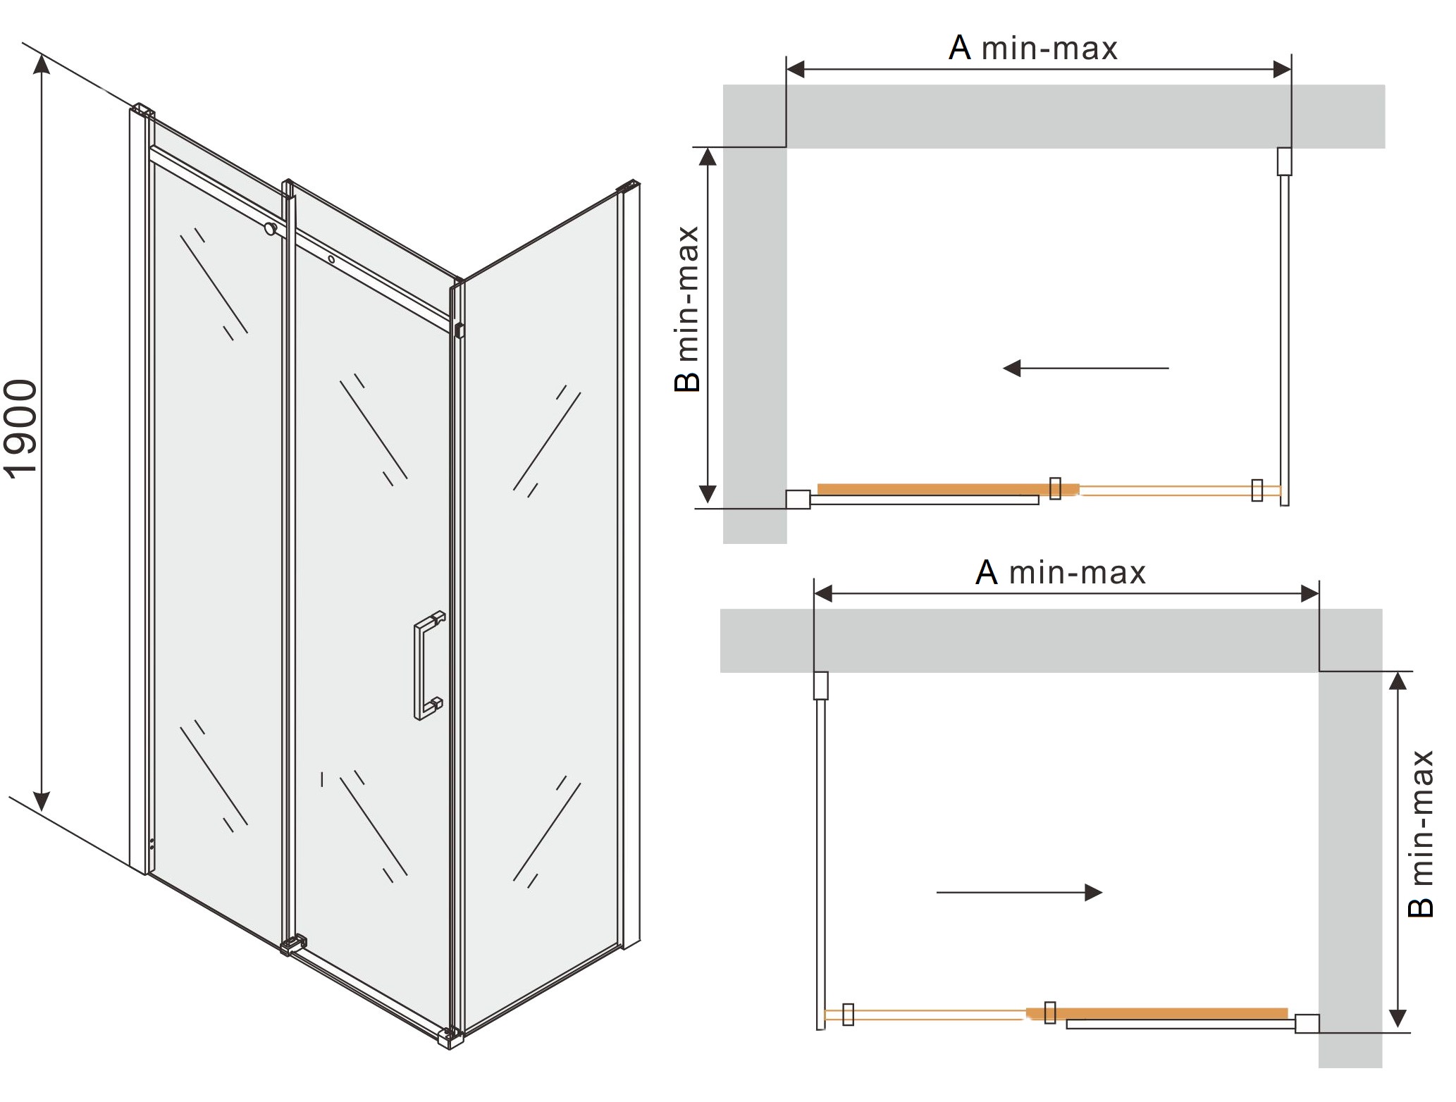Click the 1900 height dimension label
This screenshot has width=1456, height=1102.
[21, 429]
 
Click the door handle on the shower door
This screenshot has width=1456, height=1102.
[429, 664]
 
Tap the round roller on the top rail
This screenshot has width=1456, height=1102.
[270, 228]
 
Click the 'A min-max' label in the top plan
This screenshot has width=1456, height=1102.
[1033, 48]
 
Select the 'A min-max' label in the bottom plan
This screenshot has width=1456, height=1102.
[1061, 572]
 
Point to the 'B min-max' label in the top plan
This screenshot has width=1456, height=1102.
[687, 309]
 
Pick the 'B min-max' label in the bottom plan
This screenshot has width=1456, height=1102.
[1420, 834]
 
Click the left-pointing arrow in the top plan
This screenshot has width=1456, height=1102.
[1085, 368]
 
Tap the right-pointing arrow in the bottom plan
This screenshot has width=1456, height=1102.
[1019, 893]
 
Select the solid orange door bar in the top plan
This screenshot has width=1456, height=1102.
[948, 489]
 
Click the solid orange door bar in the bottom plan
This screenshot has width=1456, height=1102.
[1156, 1013]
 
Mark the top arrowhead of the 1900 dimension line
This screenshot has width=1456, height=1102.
[42, 63]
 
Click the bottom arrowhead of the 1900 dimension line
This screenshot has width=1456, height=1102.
[42, 801]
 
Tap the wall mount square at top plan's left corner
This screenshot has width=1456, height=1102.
[798, 499]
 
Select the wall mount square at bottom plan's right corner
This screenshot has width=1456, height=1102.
[1307, 1023]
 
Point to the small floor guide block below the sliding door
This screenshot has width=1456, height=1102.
[293, 944]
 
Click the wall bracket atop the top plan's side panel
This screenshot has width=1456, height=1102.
[1284, 161]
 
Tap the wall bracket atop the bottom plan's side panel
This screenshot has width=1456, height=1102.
[820, 686]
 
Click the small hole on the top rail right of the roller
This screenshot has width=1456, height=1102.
[331, 259]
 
